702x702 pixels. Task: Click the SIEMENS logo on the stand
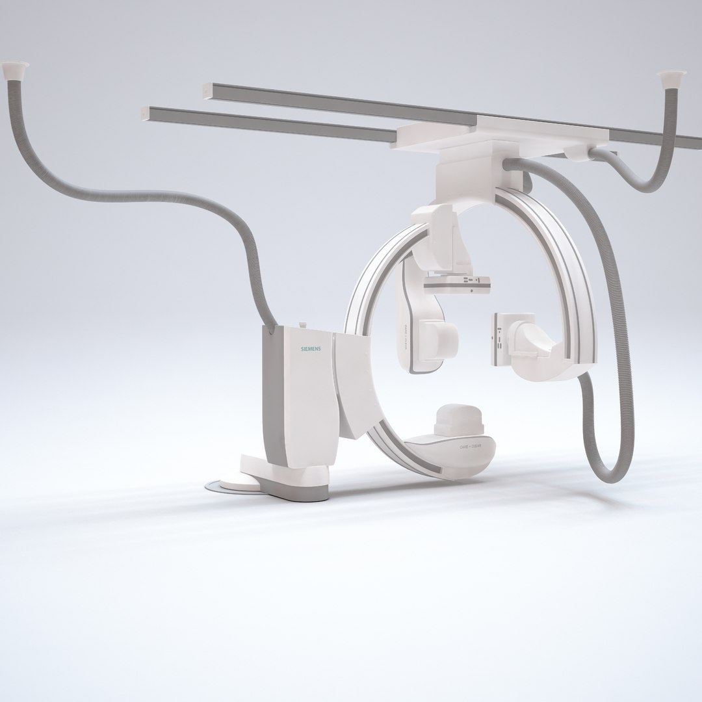pos(310,350)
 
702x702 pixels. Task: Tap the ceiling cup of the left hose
pos(16,67)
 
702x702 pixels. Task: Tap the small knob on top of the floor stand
pos(302,325)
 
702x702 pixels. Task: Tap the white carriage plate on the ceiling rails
pos(500,130)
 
